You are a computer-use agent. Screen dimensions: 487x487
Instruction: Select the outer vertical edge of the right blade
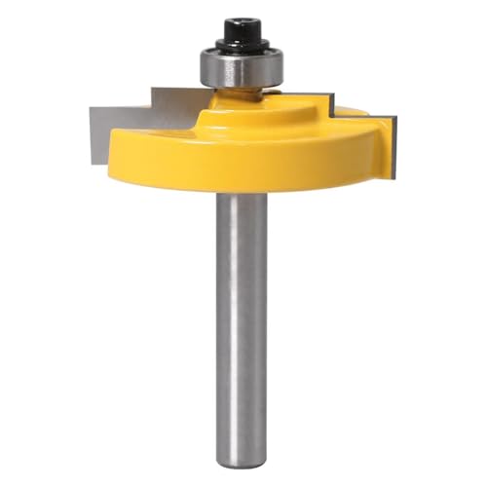394,146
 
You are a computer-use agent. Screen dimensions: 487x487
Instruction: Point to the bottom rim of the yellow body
243,189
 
